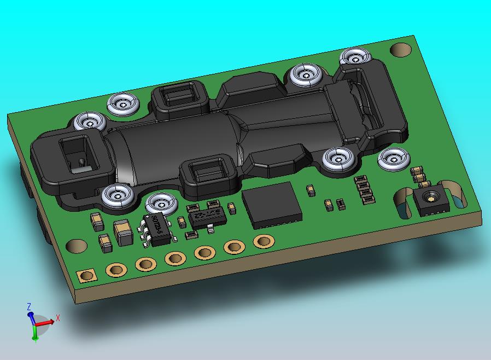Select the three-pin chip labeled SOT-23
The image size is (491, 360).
[x=207, y=215]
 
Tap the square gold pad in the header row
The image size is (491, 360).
[x=86, y=275]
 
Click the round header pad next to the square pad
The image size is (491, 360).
[x=116, y=270]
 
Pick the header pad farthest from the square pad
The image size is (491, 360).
[x=264, y=241]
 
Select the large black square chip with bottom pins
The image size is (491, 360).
[x=272, y=205]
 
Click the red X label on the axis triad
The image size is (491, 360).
[x=57, y=317]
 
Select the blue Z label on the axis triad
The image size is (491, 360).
[x=28, y=306]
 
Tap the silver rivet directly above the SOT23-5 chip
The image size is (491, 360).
[x=162, y=202]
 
